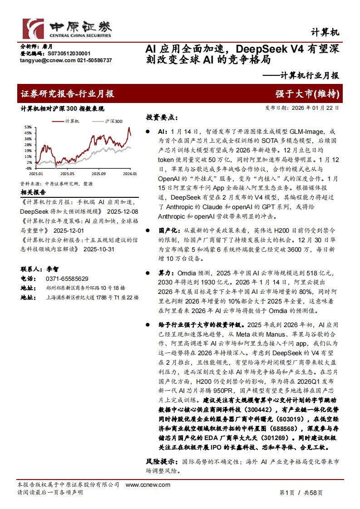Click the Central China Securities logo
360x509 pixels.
coord(67,28)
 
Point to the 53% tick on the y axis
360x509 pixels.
coord(28,127)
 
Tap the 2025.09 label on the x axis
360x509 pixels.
coord(98,173)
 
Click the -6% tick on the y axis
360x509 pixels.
coord(28,168)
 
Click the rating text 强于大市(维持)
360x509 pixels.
coord(307,94)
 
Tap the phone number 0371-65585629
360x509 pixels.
coord(67,279)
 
